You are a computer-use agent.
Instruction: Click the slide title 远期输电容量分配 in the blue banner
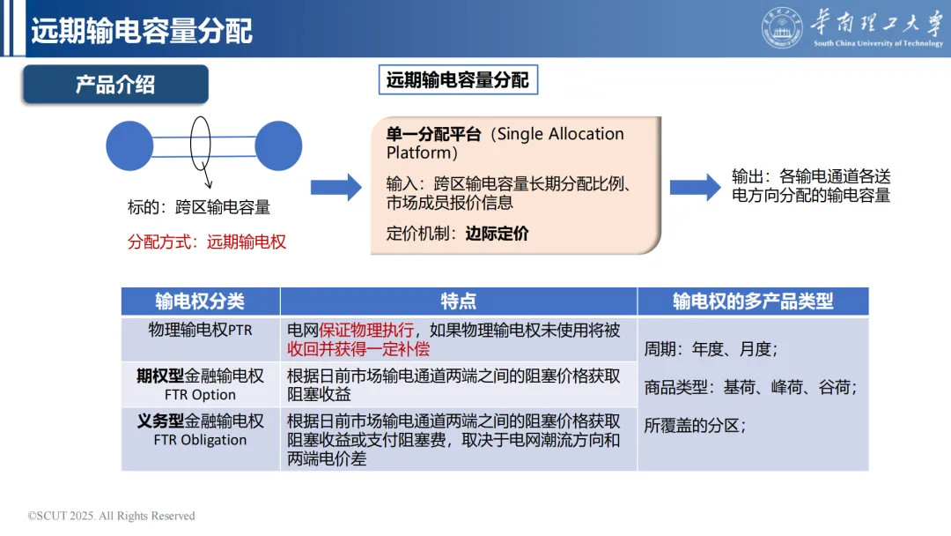coord(142,31)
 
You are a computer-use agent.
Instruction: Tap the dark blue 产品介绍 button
coord(115,85)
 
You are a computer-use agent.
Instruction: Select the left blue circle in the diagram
coord(130,145)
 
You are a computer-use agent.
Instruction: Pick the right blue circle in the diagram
coord(278,145)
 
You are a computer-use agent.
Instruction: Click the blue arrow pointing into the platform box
coord(335,187)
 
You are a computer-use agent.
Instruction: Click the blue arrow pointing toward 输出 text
coord(696,187)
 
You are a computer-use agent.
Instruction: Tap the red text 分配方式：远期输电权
coord(207,242)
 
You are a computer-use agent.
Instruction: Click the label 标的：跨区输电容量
coord(199,208)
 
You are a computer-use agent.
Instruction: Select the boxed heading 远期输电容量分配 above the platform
coord(458,81)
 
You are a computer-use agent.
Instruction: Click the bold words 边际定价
coord(498,234)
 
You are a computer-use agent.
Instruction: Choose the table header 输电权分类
coord(200,301)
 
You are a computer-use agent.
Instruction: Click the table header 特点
coord(458,301)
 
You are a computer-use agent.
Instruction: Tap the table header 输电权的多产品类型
coord(753,301)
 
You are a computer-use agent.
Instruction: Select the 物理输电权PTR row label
coord(200,330)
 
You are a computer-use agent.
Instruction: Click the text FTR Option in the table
coord(200,395)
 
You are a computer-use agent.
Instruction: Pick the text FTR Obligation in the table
coord(200,440)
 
